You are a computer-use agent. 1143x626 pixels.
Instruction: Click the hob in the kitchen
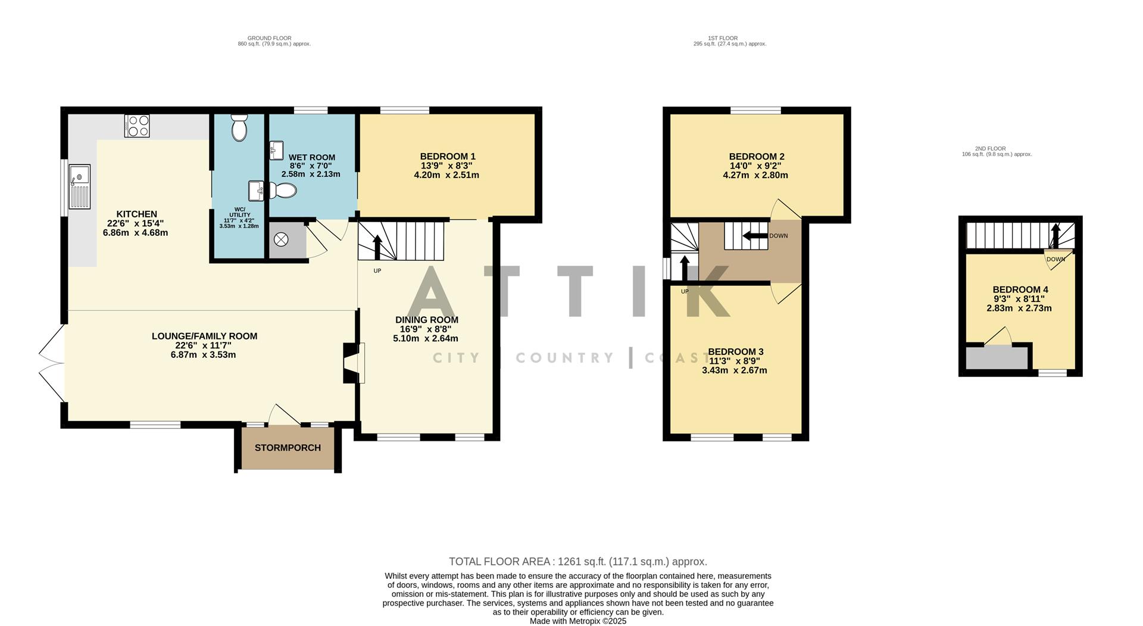click(x=137, y=126)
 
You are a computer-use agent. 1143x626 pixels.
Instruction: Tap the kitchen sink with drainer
click(x=79, y=187)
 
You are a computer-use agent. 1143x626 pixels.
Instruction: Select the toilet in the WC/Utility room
click(x=239, y=127)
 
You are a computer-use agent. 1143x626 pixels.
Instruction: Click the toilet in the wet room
click(x=283, y=191)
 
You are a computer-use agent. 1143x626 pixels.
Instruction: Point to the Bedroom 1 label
click(x=447, y=157)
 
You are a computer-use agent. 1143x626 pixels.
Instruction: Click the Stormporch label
click(x=288, y=448)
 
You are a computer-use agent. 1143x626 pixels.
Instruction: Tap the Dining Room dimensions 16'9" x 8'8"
click(x=426, y=329)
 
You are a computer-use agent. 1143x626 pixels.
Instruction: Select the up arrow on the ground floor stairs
click(x=377, y=247)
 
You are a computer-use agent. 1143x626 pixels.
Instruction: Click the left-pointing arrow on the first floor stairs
click(x=754, y=236)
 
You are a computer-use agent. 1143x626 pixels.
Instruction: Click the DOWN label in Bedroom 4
click(x=1055, y=259)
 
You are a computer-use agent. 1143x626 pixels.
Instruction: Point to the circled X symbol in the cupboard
click(x=281, y=239)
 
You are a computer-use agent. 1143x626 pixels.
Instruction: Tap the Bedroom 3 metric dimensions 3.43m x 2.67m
click(x=735, y=370)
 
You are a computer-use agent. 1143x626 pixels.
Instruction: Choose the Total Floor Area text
click(x=577, y=562)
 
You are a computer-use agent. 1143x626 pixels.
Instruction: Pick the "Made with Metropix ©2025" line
click(x=577, y=621)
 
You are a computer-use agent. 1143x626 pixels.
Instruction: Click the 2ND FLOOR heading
click(x=990, y=148)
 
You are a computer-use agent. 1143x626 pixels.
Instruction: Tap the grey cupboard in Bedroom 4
click(x=996, y=359)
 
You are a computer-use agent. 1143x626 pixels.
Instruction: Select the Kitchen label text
click(x=136, y=214)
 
